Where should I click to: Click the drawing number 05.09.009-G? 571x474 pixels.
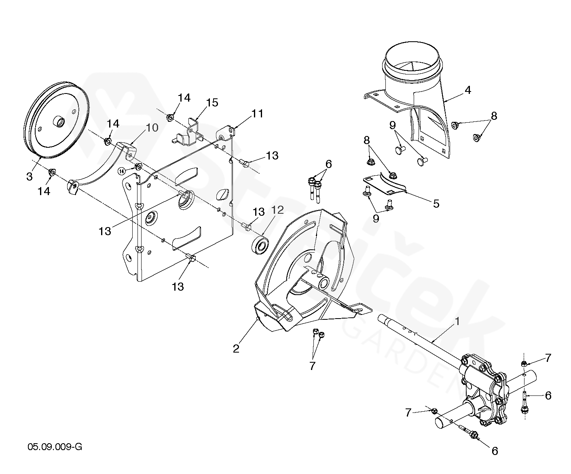[x=55, y=447]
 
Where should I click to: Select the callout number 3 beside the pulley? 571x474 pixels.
[x=29, y=176]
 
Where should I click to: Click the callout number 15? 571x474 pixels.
[x=212, y=102]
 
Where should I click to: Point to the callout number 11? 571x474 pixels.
[x=257, y=114]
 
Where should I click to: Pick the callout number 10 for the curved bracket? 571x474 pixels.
[x=152, y=128]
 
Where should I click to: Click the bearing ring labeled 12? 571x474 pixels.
[x=261, y=245]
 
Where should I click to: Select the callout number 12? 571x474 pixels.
[x=278, y=210]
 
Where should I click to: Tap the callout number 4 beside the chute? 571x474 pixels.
[x=467, y=90]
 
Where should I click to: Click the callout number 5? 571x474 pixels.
[x=436, y=203]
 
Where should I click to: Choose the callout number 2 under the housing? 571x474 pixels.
[x=236, y=348]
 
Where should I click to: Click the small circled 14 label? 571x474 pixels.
[x=122, y=171]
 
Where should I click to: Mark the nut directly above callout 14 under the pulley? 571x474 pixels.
[x=52, y=173]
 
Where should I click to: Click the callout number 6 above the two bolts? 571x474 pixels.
[x=328, y=164]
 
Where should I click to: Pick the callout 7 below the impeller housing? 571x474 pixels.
[x=312, y=365]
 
